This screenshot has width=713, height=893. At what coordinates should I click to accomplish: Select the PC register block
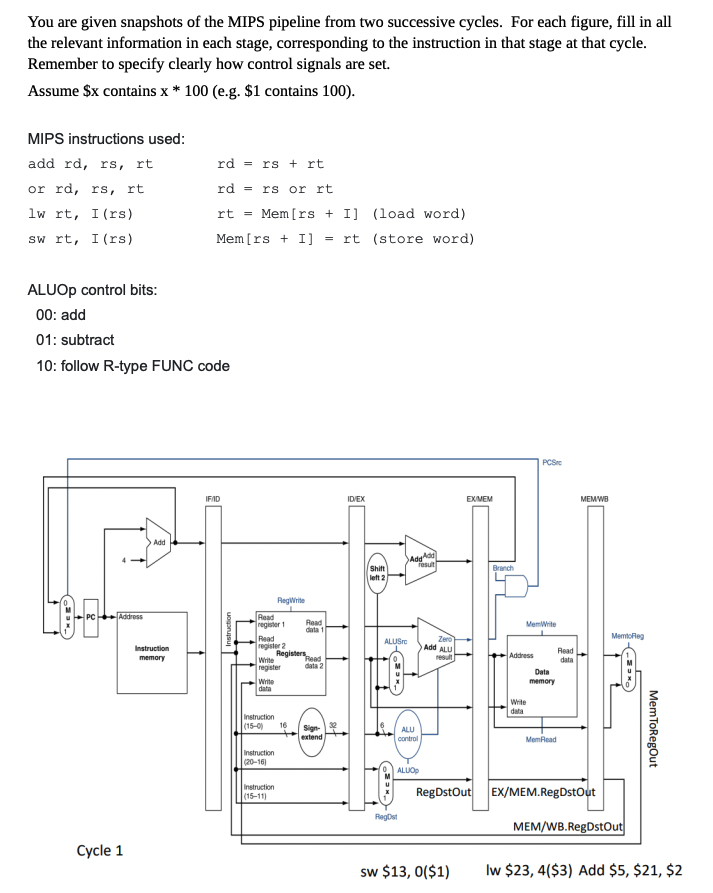(90, 617)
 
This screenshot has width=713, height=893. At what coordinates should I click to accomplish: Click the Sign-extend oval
(312, 732)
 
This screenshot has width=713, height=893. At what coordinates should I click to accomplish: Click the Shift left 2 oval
(377, 571)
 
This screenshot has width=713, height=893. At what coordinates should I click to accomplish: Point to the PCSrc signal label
(551, 461)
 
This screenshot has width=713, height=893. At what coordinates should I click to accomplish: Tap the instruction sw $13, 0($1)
(405, 871)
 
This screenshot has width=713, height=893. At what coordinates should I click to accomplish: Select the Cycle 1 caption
(101, 850)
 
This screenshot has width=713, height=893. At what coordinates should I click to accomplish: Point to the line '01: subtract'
(74, 340)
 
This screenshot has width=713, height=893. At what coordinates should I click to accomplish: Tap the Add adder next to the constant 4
(157, 541)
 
